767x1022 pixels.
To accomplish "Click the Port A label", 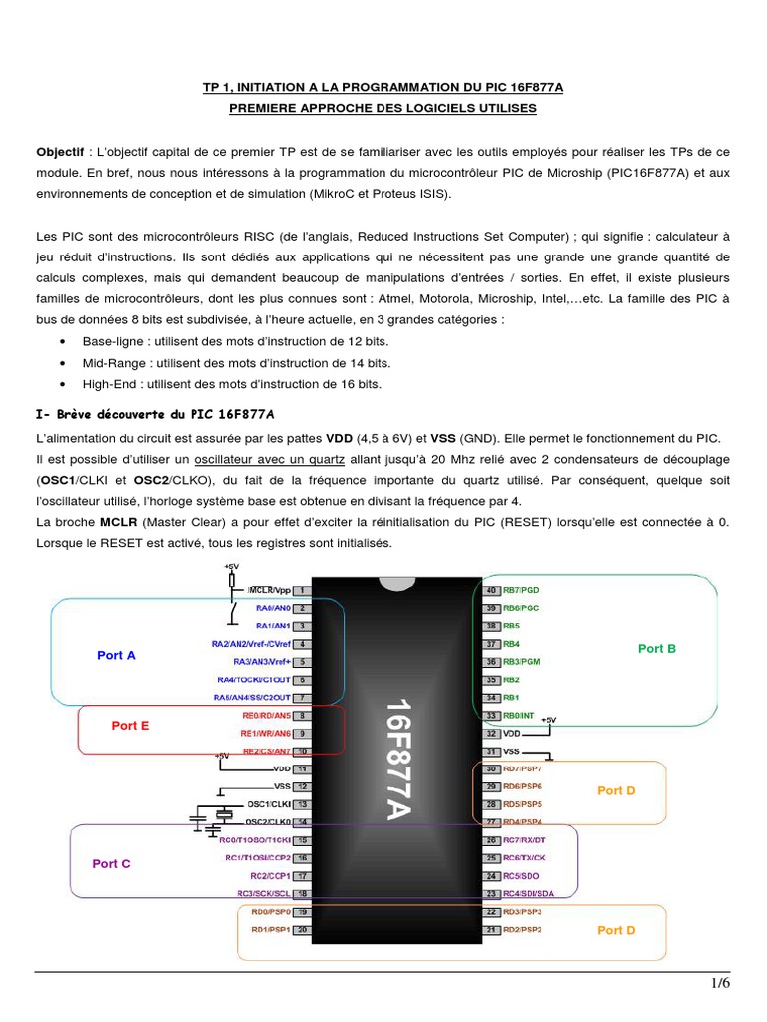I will tap(116, 655).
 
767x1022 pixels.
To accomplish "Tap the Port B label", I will tap(657, 648).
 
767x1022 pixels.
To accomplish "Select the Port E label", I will tap(130, 726).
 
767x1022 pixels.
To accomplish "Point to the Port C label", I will tap(111, 863).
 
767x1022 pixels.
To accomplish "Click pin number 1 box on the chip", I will tap(301, 590).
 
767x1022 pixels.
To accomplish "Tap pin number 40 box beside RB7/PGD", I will tap(491, 590).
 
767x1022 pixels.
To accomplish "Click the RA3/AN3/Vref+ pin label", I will tap(261, 662).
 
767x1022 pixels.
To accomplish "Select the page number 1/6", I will tap(720, 983).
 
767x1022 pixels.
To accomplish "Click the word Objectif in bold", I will tap(60, 152).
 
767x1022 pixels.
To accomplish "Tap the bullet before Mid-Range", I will tap(63, 364).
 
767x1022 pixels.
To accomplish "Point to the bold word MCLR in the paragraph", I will tap(111, 522).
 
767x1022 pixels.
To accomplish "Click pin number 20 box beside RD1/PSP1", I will tap(301, 930).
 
